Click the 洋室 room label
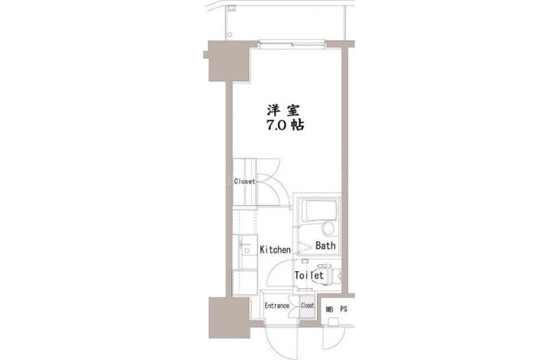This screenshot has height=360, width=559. coord(283,110)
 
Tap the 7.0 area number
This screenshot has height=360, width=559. coord(276,125)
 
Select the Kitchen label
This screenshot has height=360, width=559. coord(275,250)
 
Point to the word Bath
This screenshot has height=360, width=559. coord(325,245)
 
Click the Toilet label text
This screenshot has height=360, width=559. coord(309,276)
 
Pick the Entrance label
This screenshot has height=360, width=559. coord(276,306)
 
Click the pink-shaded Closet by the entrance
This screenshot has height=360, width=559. coord(307,306)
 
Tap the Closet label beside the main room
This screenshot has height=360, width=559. coord(244,182)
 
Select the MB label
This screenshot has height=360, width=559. coord(329,309)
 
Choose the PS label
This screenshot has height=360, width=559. coord(343,309)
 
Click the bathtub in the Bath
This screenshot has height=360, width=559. coord(319,211)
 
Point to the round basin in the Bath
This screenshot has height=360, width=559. coord(328,228)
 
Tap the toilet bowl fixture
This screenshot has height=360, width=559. coord(328,275)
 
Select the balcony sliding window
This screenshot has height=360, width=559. coord(292,44)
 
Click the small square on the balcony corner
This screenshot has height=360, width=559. coord(232,8)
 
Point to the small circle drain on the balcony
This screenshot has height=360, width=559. coord(230,34)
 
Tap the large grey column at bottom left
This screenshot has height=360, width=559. coord(229,318)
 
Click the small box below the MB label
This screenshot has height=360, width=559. coord(333,322)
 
